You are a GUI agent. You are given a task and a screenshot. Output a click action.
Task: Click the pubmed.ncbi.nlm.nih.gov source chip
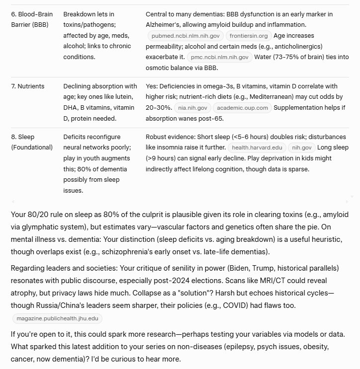click(185, 36)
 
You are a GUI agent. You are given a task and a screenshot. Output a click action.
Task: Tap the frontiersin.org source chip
click(248, 36)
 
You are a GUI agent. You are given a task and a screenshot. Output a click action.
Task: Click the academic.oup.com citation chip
click(242, 108)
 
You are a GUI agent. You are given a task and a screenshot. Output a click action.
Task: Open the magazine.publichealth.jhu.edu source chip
click(57, 318)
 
